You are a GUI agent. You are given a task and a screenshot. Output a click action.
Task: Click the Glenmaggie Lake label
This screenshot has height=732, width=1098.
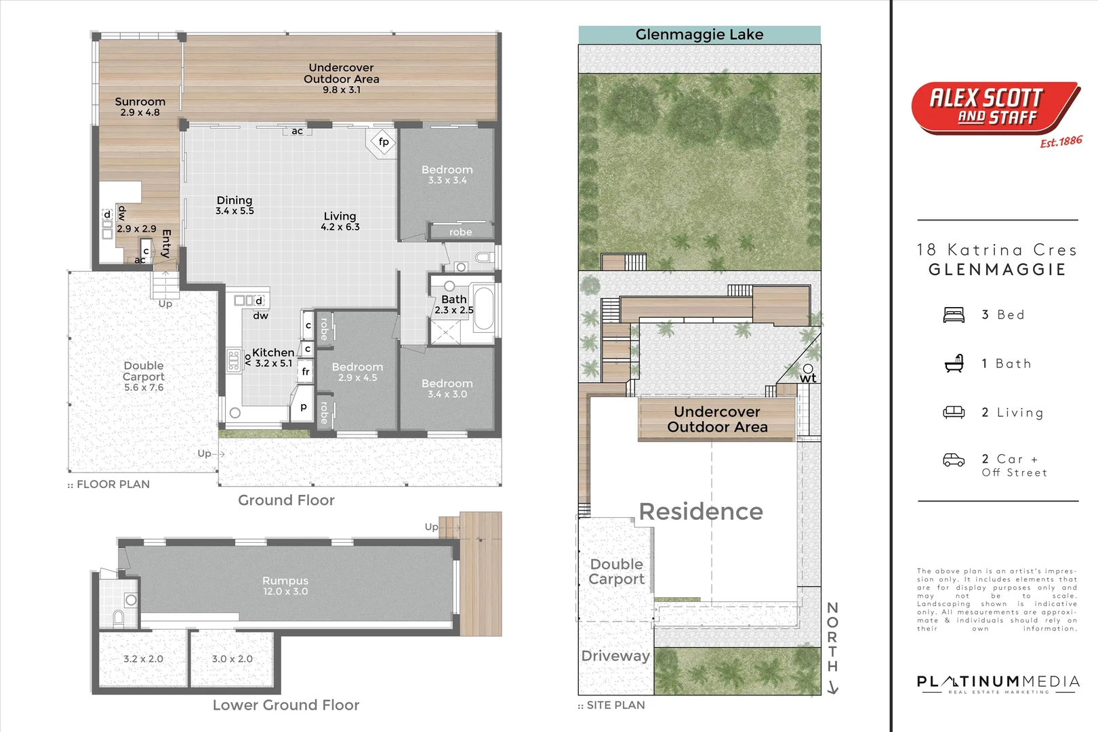[x=699, y=35]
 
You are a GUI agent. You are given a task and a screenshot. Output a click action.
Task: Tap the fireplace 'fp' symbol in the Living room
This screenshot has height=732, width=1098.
[x=383, y=142]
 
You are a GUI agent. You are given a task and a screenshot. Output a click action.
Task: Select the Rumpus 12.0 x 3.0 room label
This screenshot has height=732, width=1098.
[x=285, y=586]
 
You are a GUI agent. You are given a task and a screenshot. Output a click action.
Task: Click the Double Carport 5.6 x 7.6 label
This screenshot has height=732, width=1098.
[x=144, y=376]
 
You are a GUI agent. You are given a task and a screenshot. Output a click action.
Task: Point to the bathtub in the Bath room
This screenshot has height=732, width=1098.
[x=483, y=309]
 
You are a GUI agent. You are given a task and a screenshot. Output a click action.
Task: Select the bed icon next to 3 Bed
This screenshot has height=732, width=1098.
[x=954, y=315]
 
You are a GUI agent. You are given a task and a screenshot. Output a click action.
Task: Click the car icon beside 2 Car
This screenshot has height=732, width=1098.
[x=954, y=460]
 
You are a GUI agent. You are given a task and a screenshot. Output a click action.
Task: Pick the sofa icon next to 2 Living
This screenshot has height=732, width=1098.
[x=954, y=412]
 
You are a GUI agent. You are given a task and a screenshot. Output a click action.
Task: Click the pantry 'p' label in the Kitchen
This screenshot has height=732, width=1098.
[x=304, y=407]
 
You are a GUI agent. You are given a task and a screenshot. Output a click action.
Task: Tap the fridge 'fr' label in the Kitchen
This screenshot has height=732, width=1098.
[x=306, y=371]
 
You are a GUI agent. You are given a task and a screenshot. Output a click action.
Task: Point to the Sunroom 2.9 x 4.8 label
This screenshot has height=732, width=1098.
[x=140, y=106]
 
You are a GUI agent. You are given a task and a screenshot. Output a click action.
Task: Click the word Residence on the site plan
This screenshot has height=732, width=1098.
[x=701, y=512]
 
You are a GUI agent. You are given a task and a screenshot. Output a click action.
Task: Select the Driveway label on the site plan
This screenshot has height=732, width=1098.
[x=615, y=656]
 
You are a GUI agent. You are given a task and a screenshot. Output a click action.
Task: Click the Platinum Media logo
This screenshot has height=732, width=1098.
[x=997, y=683]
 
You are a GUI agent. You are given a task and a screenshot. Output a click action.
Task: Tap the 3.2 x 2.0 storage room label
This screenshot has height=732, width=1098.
[x=143, y=659]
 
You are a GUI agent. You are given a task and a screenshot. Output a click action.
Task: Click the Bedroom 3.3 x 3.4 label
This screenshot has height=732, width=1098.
[x=447, y=174]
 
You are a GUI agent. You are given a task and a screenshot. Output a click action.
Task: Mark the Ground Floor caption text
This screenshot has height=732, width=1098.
[x=286, y=500]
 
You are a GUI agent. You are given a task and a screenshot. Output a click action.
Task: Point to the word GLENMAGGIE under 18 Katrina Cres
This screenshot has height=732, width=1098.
[x=997, y=270]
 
